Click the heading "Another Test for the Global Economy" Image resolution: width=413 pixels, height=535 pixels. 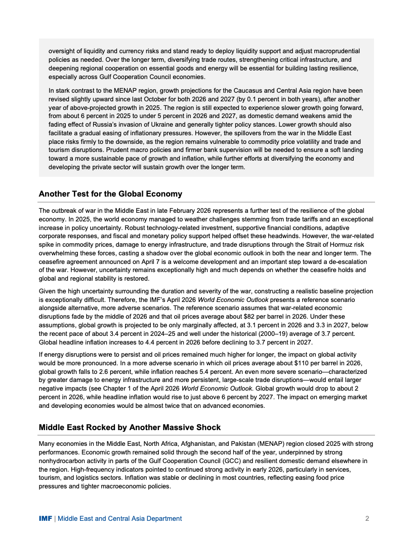pyautogui.click(x=110, y=194)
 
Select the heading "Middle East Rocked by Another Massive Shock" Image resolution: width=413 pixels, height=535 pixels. pyautogui.click(x=130, y=427)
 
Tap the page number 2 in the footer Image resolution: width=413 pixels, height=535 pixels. pyautogui.click(x=367, y=518)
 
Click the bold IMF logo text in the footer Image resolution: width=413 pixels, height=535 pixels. pyautogui.click(x=45, y=518)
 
